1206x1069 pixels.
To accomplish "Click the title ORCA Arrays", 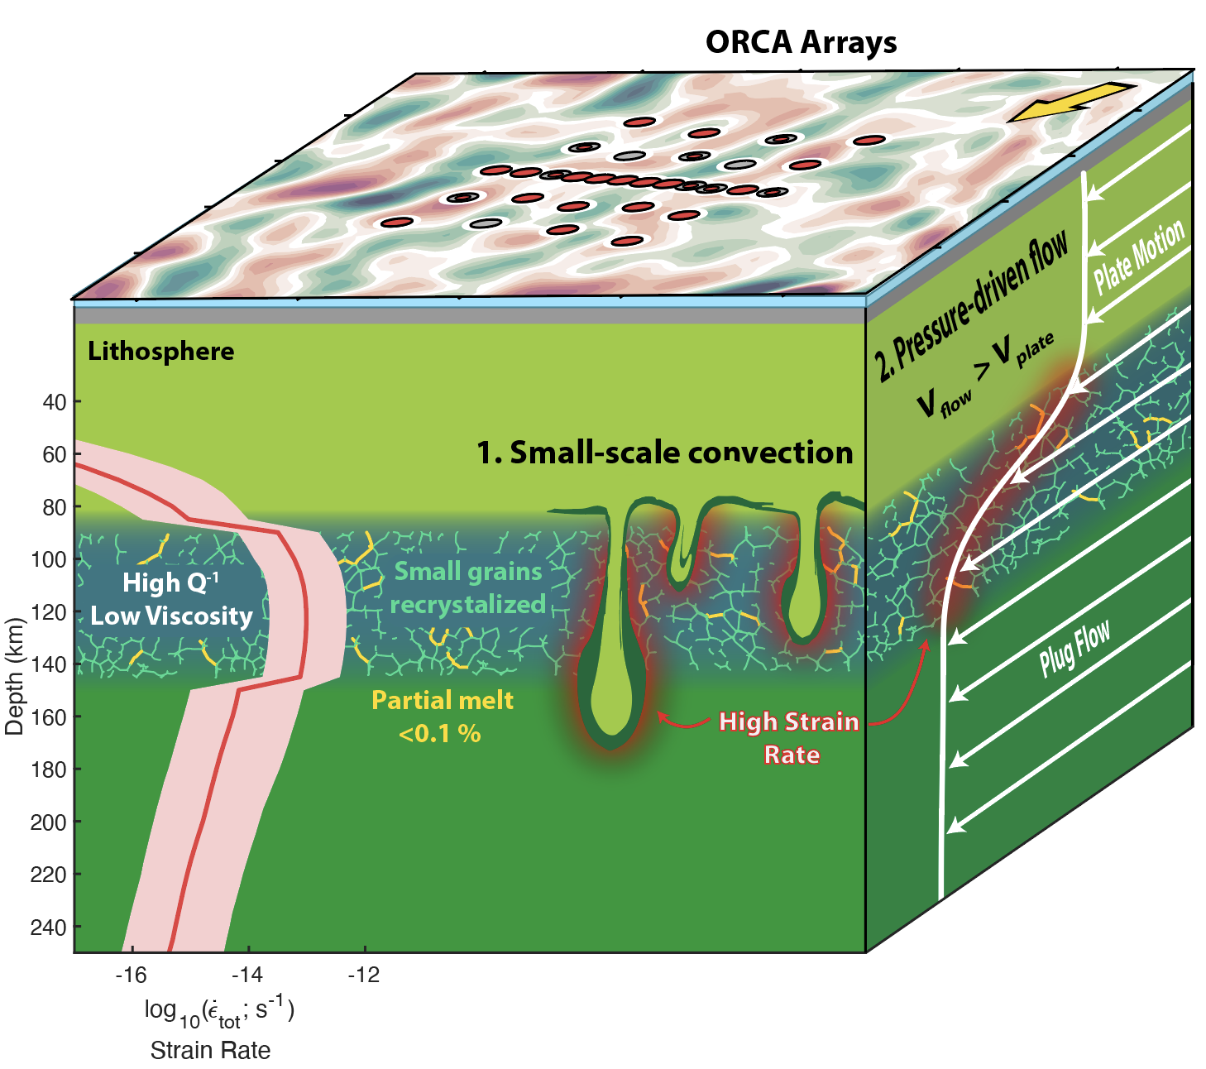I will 801,42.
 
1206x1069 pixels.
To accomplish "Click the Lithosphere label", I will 161,352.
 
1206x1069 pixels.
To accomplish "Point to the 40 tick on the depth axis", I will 55,402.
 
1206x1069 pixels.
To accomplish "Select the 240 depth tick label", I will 50,928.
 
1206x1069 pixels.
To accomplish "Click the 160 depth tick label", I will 50,717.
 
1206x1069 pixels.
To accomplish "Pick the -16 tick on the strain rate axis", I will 131,975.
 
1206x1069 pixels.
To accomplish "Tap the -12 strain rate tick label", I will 363,975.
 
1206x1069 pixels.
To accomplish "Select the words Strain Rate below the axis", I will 210,1051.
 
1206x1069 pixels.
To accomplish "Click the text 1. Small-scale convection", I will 664,453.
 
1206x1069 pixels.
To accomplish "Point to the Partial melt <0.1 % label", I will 442,717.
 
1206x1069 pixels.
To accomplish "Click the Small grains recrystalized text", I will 468,588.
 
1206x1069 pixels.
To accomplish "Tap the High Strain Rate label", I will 790,737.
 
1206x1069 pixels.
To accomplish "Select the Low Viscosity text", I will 171,616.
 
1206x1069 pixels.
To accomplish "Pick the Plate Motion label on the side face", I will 1139,256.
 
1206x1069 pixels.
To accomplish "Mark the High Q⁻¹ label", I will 170,583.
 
